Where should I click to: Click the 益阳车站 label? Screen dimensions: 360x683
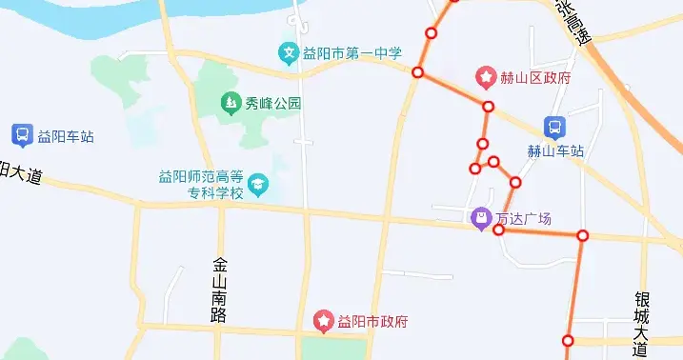(66, 136)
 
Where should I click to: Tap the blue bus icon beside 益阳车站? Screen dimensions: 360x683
(22, 135)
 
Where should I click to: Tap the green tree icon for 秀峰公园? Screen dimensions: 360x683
(230, 102)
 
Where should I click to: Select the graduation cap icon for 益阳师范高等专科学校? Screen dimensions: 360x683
(258, 183)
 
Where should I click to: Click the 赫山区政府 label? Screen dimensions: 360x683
(535, 77)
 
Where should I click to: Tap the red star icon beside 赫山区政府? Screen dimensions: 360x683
(486, 76)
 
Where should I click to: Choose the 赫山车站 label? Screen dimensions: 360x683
(554, 150)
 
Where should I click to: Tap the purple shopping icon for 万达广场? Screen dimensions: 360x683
(482, 219)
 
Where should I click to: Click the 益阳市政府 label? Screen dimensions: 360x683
(372, 321)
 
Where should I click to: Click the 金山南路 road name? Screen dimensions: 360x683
(220, 290)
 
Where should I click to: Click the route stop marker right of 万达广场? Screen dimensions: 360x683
(583, 235)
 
